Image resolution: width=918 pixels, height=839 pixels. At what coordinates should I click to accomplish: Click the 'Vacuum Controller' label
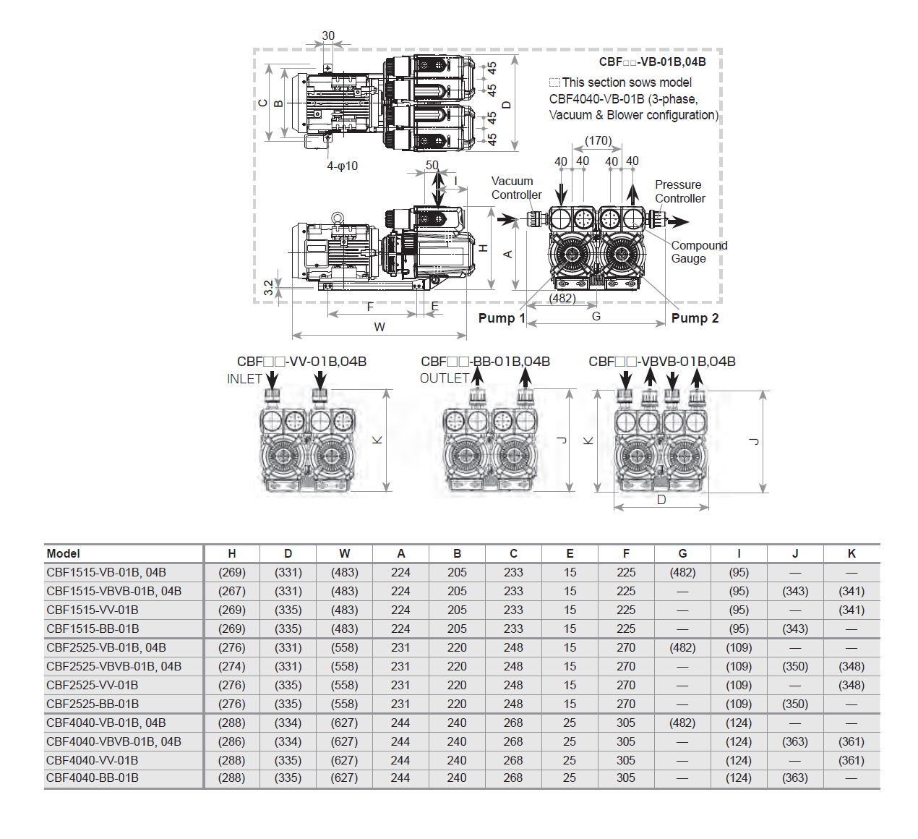516,188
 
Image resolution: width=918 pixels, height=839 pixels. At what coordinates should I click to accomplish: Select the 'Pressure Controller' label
679,192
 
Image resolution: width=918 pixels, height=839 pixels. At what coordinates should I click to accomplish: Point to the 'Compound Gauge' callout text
698,252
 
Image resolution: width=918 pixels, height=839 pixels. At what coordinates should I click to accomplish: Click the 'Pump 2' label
695,318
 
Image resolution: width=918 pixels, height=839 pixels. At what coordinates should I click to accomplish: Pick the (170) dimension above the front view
598,140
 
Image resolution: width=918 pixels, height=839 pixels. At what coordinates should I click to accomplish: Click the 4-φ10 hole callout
342,166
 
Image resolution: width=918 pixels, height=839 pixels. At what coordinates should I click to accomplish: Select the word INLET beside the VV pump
244,379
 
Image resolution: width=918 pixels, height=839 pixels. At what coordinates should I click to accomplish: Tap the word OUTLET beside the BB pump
444,378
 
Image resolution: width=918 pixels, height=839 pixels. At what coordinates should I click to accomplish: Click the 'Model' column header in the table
64,553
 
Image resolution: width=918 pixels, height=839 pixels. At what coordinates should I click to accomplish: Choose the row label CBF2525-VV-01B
93,685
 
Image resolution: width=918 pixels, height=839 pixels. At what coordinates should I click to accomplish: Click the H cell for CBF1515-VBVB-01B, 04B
232,591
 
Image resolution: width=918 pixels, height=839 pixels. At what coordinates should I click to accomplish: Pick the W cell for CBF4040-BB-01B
344,778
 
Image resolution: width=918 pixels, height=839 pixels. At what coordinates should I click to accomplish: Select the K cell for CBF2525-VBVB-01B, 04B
851,666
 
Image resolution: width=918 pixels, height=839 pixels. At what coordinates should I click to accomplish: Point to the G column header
682,553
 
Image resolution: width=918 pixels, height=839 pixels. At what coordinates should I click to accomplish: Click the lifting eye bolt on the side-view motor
338,217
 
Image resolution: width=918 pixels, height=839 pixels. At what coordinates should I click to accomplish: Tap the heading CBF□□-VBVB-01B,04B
661,362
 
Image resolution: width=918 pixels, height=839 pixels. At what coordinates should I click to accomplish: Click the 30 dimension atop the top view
328,35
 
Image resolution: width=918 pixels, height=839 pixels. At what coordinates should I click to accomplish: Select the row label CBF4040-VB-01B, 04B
106,723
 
